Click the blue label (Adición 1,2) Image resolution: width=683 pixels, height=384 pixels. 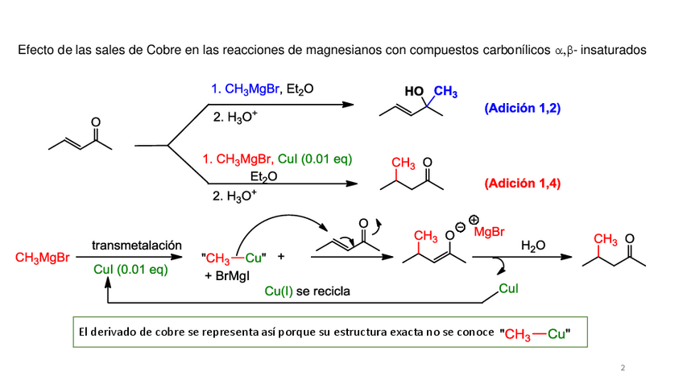[521, 108]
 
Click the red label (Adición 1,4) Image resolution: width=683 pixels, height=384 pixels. [523, 184]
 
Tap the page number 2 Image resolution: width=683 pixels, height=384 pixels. [622, 368]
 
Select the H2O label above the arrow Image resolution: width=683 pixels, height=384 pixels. [532, 244]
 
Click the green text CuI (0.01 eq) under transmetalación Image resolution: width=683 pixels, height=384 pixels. [130, 270]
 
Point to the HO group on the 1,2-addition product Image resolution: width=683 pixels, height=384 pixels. [414, 91]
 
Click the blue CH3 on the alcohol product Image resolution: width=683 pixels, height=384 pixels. [446, 93]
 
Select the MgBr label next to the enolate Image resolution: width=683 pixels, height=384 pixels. [489, 233]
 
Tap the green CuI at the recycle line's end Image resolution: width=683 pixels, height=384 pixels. [508, 287]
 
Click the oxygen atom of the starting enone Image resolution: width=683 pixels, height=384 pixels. [96, 124]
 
